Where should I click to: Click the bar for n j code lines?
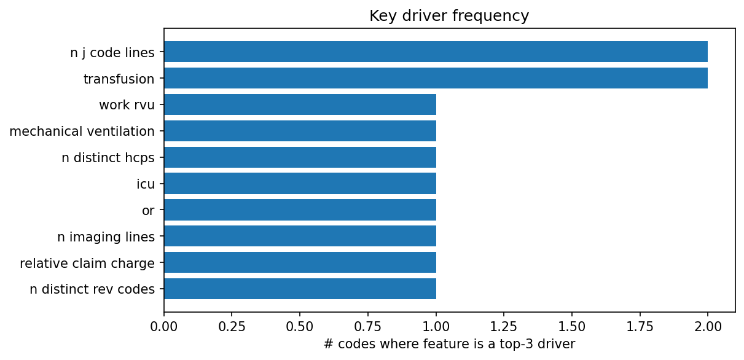[x=436, y=52]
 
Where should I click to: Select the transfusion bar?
[x=436, y=78]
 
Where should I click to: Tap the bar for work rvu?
[x=300, y=104]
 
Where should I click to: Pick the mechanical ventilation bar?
[x=300, y=131]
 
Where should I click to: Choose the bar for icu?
[x=300, y=183]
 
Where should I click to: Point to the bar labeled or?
[x=300, y=209]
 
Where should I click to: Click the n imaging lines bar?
[x=300, y=236]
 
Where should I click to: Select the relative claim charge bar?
[x=300, y=262]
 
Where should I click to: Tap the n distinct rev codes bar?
[x=300, y=289]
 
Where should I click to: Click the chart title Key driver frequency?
[x=449, y=16]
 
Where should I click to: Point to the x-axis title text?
[x=449, y=344]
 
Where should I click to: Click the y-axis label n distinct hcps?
[x=108, y=157]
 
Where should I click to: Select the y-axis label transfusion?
[x=119, y=79]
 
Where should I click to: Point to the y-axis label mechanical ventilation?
[x=82, y=131]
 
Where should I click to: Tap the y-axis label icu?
[x=146, y=184]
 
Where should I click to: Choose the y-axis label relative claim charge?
[x=87, y=263]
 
